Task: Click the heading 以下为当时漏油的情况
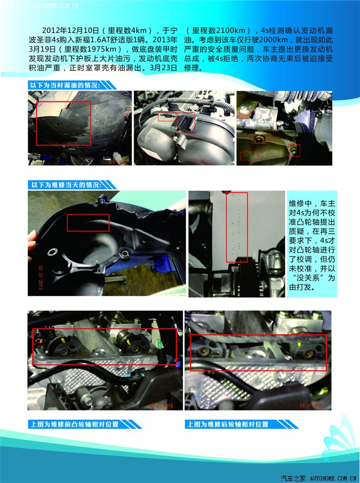pyautogui.click(x=64, y=85)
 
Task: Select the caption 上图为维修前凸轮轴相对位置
pyautogui.click(x=74, y=424)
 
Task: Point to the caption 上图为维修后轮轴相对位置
pyautogui.click(x=228, y=424)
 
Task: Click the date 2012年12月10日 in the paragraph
pyautogui.click(x=70, y=30)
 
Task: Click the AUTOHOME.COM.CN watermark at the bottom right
pyautogui.click(x=333, y=478)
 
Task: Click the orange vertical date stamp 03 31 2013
pyautogui.click(x=41, y=277)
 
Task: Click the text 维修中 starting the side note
pyautogui.click(x=300, y=203)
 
